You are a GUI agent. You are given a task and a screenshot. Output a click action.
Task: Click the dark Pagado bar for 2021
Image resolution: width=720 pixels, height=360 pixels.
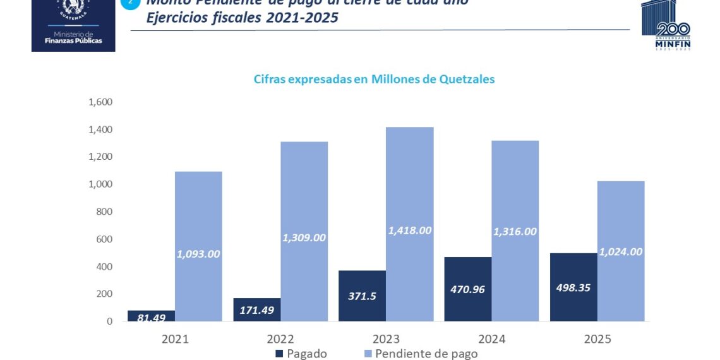(x=151, y=315)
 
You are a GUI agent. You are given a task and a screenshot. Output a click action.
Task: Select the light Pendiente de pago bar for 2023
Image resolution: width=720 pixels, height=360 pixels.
(x=409, y=189)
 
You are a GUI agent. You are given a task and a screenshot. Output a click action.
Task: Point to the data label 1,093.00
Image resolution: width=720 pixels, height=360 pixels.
(x=198, y=254)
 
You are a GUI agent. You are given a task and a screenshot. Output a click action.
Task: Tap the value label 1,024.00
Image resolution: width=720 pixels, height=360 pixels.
(x=621, y=251)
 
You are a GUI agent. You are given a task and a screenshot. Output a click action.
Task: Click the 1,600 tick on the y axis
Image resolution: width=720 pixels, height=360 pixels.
(x=100, y=102)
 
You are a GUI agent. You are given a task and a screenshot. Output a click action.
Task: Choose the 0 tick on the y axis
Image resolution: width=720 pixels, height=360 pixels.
(x=109, y=321)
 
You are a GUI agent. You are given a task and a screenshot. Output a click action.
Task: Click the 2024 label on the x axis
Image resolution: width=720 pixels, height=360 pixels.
(x=491, y=339)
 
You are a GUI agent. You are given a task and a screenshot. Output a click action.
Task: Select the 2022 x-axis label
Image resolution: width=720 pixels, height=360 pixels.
(x=280, y=339)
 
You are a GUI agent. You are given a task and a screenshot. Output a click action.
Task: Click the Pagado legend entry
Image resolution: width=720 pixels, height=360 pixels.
(x=301, y=354)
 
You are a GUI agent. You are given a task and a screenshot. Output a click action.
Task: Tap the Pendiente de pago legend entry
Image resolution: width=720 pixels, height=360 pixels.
(x=420, y=354)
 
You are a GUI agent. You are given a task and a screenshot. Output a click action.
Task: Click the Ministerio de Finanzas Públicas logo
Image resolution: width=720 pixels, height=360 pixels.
(x=73, y=25)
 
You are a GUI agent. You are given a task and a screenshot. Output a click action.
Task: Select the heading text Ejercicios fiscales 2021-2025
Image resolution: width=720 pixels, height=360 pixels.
(x=242, y=18)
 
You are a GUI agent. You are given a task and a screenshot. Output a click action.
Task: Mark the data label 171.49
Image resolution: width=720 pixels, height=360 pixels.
(x=256, y=310)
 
